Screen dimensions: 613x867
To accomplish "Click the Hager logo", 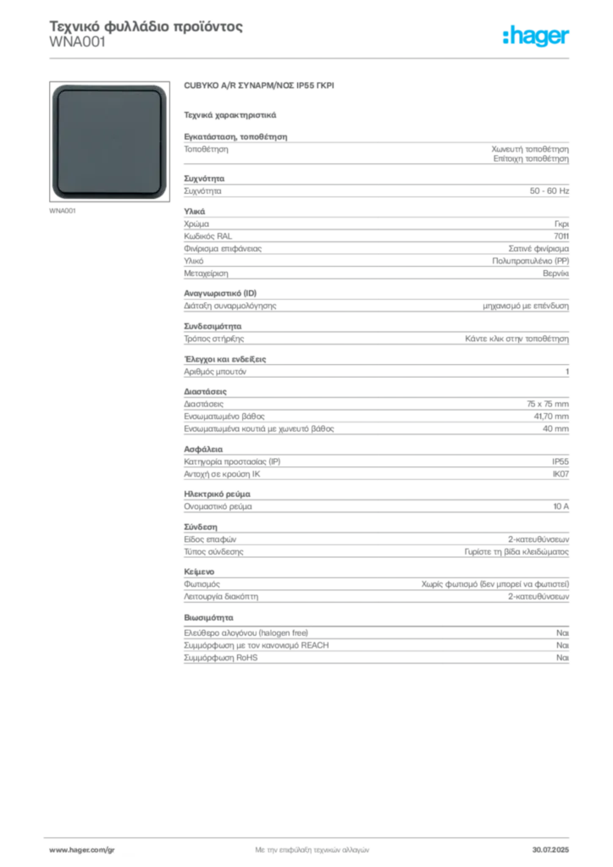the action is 535,36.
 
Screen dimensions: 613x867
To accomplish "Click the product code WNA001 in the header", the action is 77,42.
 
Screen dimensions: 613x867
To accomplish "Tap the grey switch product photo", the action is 109,141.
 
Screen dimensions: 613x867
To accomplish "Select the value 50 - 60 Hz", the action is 549,191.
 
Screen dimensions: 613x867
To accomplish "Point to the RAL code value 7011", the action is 561,236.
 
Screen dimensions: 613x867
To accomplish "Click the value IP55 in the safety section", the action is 560,461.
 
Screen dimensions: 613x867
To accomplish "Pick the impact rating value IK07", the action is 561,474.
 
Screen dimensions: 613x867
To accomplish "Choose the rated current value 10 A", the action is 561,506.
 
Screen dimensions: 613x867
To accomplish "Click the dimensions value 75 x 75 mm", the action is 547,404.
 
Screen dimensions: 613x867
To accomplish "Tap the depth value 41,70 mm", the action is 551,417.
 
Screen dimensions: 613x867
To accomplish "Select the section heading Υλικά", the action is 195,211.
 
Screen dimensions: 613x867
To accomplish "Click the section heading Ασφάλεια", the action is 203,449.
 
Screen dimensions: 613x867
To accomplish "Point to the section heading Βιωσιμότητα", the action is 208,617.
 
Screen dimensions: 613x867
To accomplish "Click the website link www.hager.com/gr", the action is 82,850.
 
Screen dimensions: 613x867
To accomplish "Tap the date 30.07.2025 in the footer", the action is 550,850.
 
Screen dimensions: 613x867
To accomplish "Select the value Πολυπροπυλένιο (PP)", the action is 530,261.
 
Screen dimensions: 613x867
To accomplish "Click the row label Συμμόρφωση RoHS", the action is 220,657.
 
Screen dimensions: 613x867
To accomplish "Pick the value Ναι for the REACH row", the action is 562,645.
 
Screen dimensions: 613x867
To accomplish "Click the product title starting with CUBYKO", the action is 259,86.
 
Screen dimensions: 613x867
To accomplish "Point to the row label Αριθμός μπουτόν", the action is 215,372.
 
